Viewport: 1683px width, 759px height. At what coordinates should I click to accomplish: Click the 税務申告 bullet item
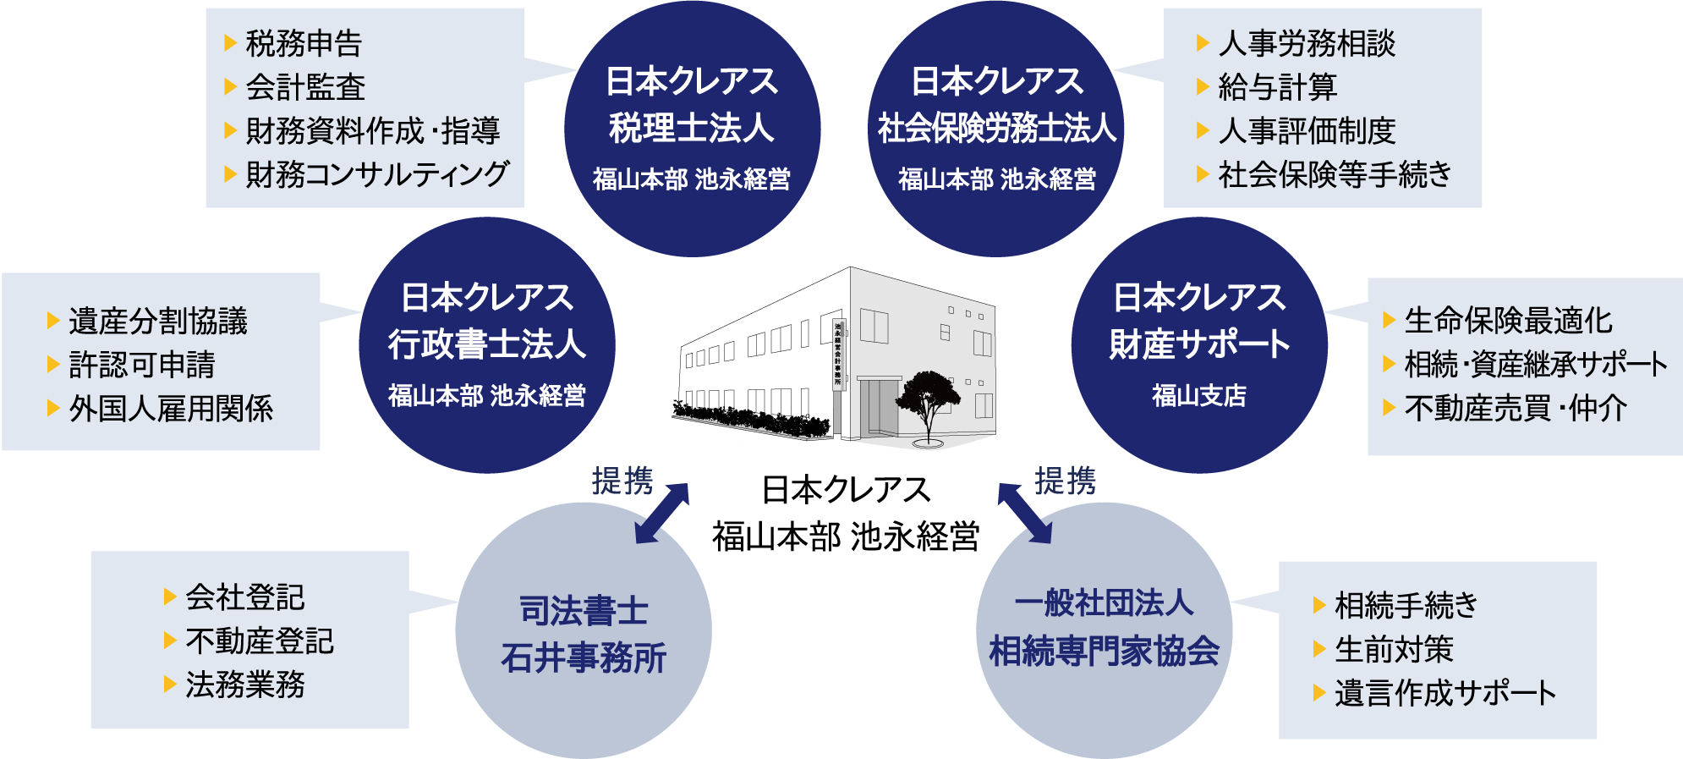tap(304, 43)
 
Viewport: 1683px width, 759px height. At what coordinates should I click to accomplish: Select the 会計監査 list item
tap(305, 87)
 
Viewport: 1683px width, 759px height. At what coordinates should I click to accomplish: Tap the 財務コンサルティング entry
tap(377, 175)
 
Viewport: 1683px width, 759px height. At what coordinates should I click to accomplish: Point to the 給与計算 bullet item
tap(1277, 87)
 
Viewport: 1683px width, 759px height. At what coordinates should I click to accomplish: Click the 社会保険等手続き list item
tap(1335, 175)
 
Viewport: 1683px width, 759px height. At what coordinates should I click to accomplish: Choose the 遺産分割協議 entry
tap(158, 322)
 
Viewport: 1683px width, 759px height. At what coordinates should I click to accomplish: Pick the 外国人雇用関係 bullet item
tap(171, 409)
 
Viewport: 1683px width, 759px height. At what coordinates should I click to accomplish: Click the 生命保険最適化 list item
tap(1508, 322)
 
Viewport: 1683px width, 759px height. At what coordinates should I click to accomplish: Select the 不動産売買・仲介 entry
tap(1516, 409)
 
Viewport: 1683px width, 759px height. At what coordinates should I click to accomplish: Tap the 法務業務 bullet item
tap(245, 685)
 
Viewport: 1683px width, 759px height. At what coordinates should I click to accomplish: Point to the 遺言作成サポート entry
tap(1445, 694)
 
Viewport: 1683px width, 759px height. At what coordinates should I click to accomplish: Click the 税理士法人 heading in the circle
tap(692, 129)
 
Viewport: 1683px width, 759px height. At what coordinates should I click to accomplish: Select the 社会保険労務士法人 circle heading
tap(996, 129)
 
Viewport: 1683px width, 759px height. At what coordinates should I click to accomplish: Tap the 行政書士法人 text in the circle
tap(487, 344)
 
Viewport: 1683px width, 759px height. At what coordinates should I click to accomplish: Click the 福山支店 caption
tap(1199, 395)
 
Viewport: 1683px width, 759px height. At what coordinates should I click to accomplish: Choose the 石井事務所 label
tap(584, 657)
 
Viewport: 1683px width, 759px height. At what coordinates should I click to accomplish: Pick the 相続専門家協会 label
tap(1104, 651)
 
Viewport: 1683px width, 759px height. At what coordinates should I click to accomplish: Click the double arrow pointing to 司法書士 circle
tap(662, 513)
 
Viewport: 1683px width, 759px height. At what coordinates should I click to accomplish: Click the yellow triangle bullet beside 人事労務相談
tap(1203, 43)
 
